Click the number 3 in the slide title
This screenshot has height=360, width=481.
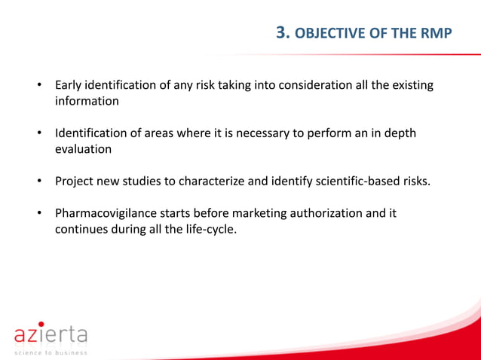click(x=283, y=32)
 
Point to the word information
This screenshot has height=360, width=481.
click(x=87, y=100)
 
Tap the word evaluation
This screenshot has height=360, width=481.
click(x=84, y=149)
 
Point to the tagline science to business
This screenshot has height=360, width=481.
click(x=50, y=352)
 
